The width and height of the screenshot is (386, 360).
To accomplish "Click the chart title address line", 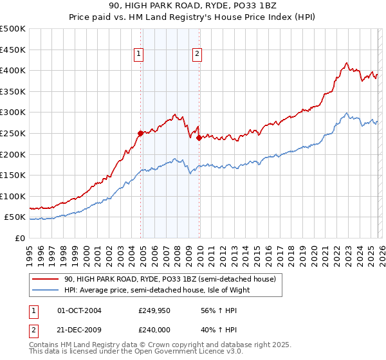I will coord(192,6).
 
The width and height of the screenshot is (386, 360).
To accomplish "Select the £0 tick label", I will coord(19,238).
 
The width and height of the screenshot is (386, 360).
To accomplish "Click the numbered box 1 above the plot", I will coord(139,55).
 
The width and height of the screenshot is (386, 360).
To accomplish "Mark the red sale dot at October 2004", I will coord(140,133).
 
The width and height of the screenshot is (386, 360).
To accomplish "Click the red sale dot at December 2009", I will coord(199,138).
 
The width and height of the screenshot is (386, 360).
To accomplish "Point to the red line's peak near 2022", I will coord(347,63).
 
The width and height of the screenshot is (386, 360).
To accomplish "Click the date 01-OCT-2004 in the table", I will coord(79,310).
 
